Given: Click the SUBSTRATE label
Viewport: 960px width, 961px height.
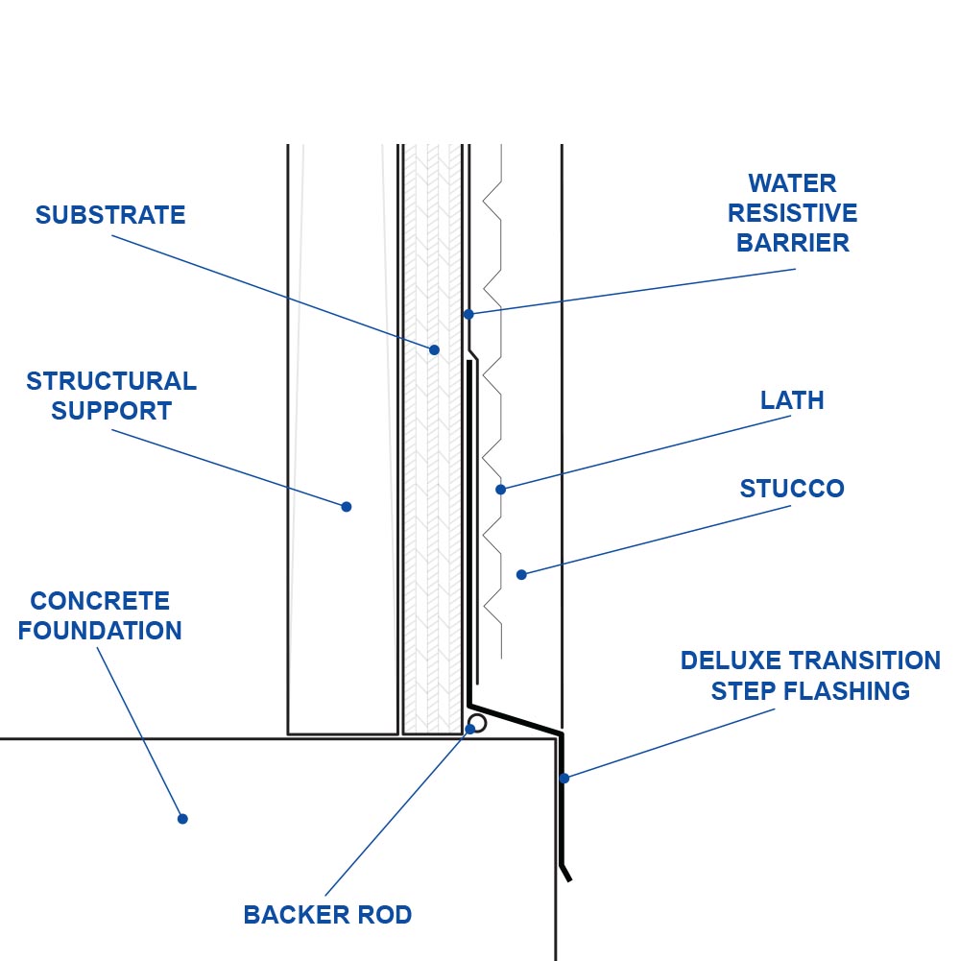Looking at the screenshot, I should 110,215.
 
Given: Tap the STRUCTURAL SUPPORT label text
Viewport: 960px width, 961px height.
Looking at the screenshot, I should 111,396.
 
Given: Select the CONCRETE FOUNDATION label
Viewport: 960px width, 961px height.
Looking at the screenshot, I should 100,616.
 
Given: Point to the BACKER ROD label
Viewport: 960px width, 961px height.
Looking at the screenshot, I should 327,914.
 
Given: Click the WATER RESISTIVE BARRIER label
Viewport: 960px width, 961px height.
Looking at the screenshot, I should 793,213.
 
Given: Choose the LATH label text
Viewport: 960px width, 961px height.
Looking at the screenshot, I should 792,400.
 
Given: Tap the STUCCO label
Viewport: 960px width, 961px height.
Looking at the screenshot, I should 792,489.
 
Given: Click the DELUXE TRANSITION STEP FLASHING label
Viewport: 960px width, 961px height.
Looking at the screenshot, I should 810,676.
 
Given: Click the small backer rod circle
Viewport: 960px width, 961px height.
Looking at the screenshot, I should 477,722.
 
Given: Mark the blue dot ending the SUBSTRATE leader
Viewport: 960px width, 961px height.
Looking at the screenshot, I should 434,349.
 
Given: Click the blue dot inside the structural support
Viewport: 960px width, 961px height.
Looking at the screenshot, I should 347,506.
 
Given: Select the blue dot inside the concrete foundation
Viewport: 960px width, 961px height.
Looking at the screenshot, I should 182,819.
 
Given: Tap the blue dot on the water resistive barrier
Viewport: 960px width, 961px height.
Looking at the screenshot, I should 468,314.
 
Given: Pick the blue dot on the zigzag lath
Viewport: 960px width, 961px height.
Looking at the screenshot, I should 500,490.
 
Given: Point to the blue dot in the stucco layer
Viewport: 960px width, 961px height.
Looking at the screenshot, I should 521,574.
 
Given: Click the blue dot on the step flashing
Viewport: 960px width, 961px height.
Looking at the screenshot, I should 564,778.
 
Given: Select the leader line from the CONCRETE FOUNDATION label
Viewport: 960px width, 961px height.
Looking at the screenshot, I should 139,731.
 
